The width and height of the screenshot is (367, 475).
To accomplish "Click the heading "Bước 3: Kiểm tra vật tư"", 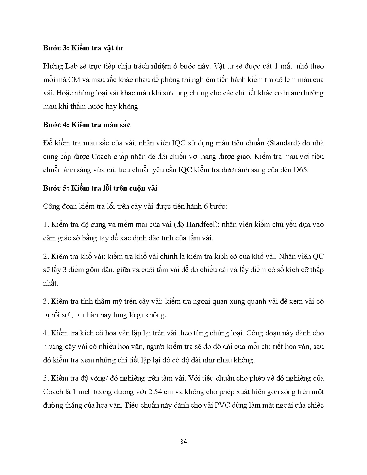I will [83, 48].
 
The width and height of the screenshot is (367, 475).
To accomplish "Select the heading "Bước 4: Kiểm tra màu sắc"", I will [87, 125].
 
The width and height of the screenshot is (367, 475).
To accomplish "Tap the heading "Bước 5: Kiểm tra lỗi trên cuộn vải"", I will [100, 188].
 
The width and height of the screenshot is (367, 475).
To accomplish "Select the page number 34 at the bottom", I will [183, 442].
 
